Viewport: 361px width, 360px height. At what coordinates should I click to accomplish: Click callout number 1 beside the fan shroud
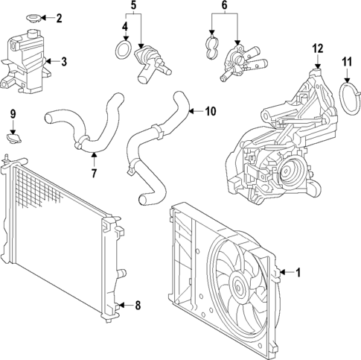298,273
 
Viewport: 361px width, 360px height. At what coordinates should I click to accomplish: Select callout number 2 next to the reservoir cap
60,17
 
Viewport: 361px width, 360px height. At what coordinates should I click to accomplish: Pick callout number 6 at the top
224,7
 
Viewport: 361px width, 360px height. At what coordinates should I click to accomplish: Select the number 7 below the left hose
94,174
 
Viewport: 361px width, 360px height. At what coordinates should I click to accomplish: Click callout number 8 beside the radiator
136,305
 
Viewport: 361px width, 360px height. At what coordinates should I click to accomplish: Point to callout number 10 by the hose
210,112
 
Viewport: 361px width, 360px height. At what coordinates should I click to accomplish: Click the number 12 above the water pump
318,48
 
